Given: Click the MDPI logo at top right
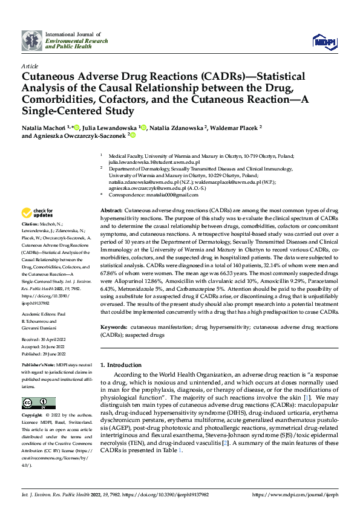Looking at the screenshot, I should coord(325,41).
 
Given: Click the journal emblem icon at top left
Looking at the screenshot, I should coord(32,40).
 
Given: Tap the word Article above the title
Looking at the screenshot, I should coord(30,65).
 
